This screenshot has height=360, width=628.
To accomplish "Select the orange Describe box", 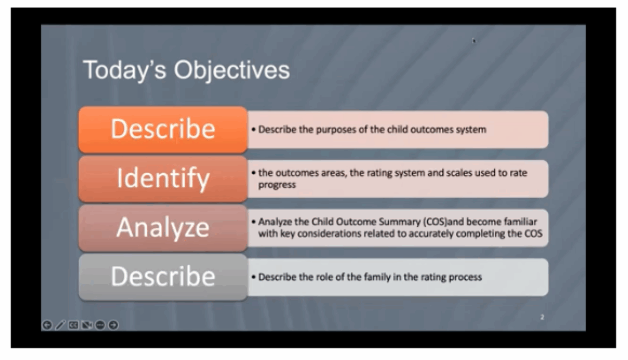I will [x=163, y=129].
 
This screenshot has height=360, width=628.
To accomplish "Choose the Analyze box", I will [x=163, y=227].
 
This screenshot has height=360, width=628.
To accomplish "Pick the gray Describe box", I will [x=163, y=277].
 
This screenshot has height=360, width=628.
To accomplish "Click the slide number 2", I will [x=542, y=317].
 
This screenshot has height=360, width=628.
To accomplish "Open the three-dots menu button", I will [x=100, y=325].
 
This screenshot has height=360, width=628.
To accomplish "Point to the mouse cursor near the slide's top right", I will [x=474, y=40].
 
